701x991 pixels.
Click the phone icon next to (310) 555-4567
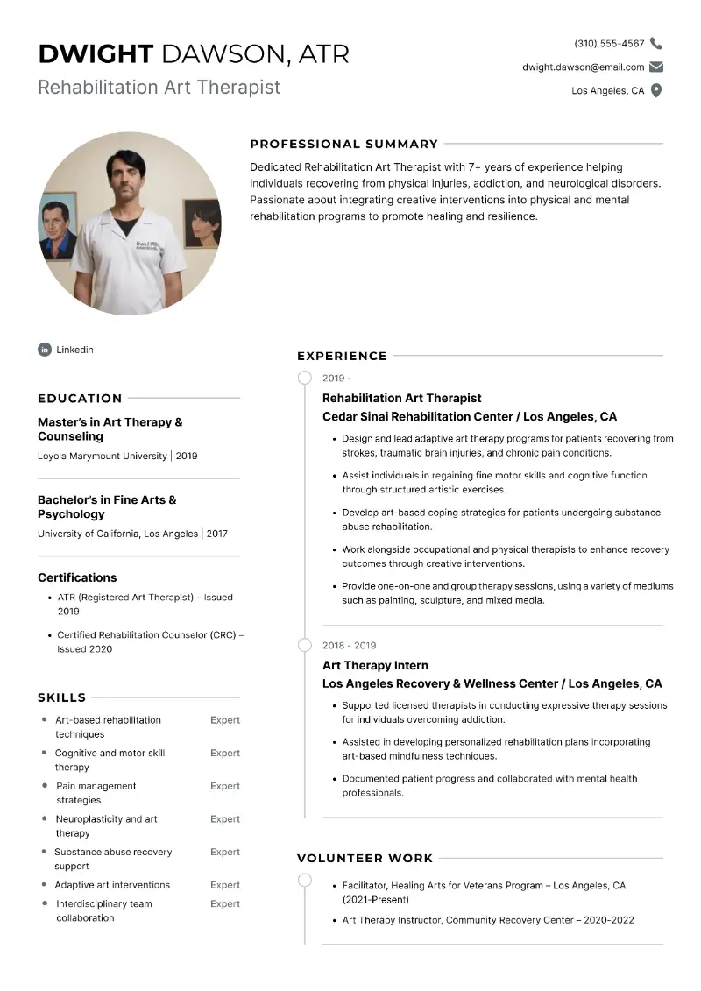[656, 43]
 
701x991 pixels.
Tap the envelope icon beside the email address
[656, 67]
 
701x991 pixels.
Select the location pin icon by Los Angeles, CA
[656, 90]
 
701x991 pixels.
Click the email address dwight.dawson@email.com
[583, 67]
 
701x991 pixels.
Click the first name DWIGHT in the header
[96, 54]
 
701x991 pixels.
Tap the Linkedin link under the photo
[74, 350]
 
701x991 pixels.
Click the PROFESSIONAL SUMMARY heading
[343, 144]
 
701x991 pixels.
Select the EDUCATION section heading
[80, 398]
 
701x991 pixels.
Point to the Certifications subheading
[77, 577]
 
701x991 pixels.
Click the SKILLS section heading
[61, 697]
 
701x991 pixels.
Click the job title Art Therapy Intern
[375, 665]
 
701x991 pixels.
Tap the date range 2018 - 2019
[349, 646]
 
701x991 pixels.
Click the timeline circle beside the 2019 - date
[304, 378]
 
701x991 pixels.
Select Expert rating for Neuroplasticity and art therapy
[225, 819]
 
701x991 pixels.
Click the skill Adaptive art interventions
[112, 885]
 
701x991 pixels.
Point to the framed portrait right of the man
[202, 223]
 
